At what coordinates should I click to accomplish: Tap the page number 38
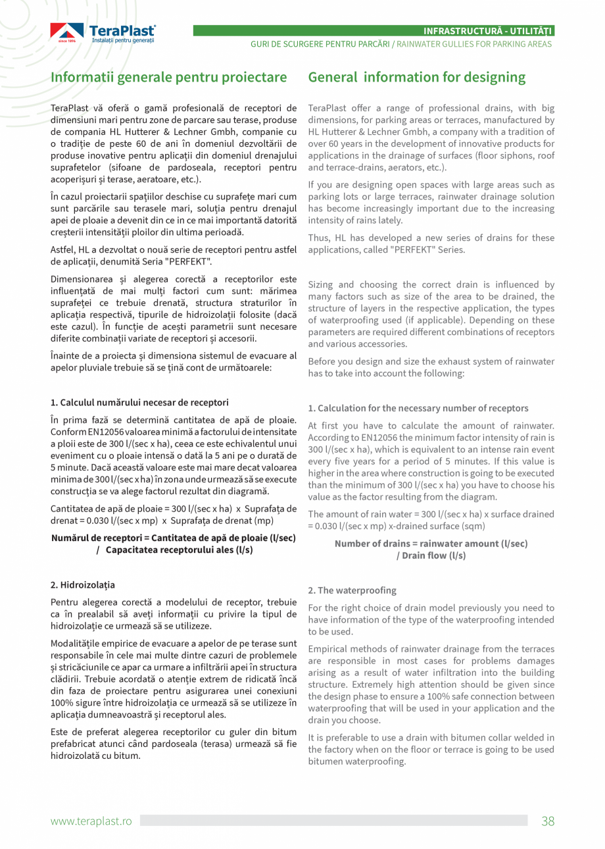[x=548, y=821]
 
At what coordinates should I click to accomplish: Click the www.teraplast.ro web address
[x=91, y=821]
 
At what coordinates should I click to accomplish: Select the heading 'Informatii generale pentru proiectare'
[x=169, y=77]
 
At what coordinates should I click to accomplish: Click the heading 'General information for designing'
[x=417, y=77]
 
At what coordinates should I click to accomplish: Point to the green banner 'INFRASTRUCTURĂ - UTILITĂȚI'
[x=487, y=31]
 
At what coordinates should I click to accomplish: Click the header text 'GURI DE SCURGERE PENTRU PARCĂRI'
[x=320, y=44]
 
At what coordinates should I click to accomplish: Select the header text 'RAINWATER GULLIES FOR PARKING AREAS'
[x=473, y=44]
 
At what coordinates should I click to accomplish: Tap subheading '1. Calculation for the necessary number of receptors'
[x=418, y=408]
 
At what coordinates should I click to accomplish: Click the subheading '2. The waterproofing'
[x=352, y=590]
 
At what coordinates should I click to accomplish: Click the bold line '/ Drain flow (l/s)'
[x=431, y=555]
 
